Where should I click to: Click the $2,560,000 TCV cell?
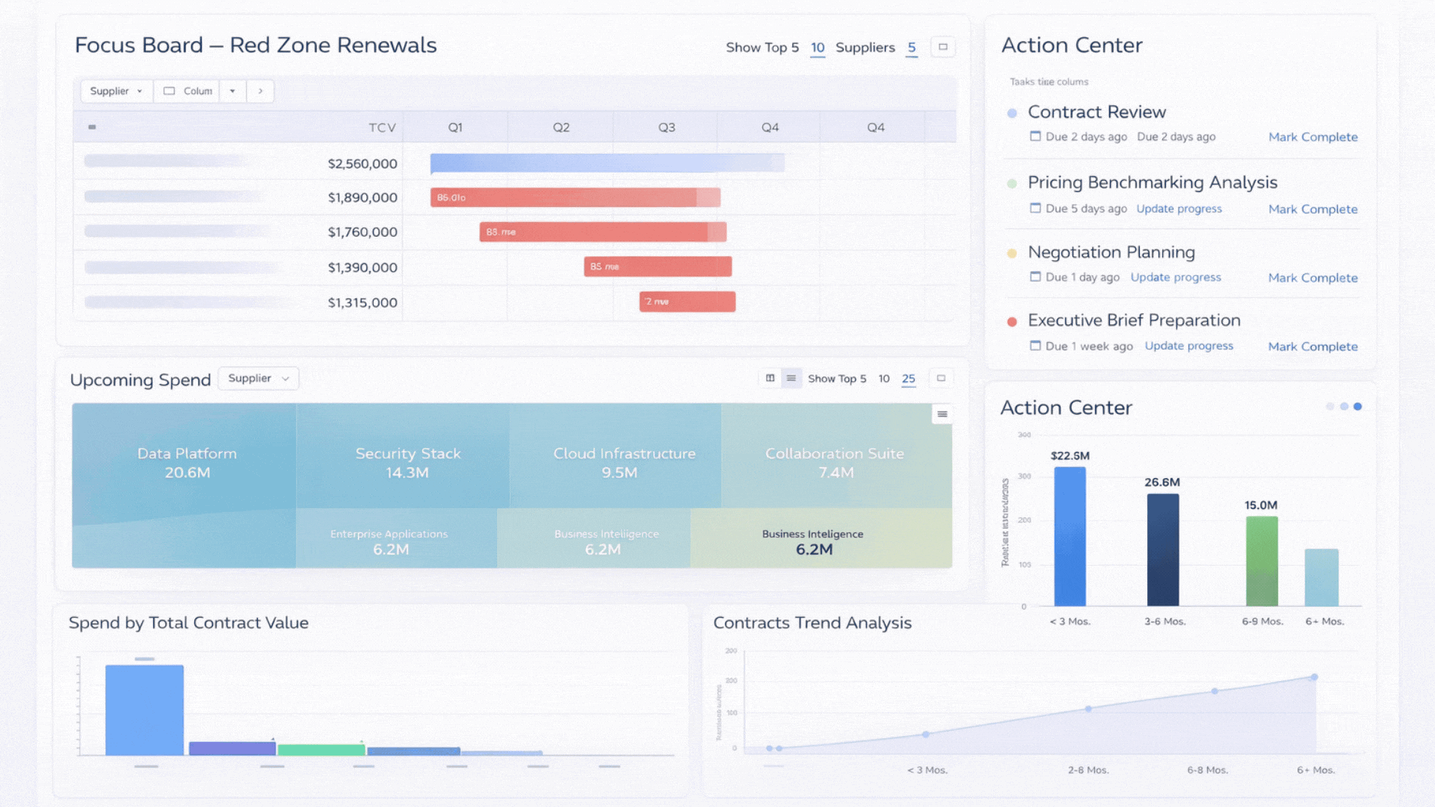pos(362,164)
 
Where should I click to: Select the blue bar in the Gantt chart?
pos(607,163)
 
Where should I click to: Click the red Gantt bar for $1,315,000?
pos(687,302)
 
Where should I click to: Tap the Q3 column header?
pos(666,128)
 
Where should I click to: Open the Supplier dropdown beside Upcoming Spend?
pos(258,379)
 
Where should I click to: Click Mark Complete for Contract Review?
pos(1312,137)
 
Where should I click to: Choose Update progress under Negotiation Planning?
pos(1175,277)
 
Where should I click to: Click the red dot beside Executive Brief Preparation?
pos(1012,322)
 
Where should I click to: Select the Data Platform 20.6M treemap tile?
pos(187,463)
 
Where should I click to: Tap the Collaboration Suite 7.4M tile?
pos(835,463)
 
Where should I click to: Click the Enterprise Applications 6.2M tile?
pos(389,541)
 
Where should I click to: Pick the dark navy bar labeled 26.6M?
pos(1162,550)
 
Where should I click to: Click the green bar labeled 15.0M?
pos(1261,561)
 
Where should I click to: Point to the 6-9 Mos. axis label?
pos(1262,622)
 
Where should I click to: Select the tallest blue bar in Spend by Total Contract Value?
pos(144,710)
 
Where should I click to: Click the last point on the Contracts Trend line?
pos(1314,677)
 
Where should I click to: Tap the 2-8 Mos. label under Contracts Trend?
pos(1087,770)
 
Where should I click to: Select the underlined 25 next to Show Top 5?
pos(908,379)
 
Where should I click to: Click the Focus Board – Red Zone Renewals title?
pos(256,46)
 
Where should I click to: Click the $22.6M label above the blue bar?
pos(1070,456)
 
